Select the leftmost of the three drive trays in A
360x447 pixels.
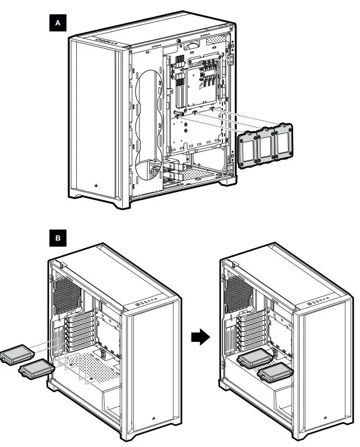pos(248,149)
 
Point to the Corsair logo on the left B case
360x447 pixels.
pos(151,420)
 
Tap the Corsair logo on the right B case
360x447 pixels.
pos(322,420)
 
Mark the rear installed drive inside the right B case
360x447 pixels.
pos(254,359)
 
